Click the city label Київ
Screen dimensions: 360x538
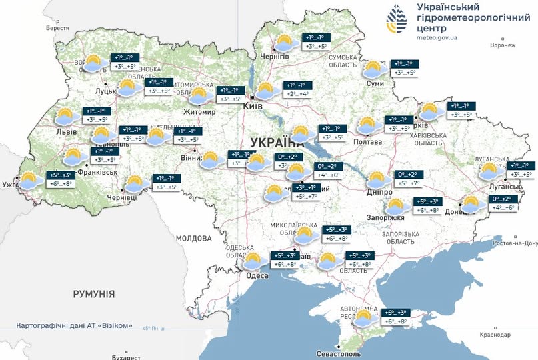click(x=253, y=106)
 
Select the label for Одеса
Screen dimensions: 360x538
click(x=257, y=276)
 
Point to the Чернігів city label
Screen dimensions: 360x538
click(x=274, y=57)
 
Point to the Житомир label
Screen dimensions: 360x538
click(x=199, y=112)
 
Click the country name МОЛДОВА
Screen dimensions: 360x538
click(x=194, y=238)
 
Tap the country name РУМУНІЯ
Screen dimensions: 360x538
click(x=94, y=293)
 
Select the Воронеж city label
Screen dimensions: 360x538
click(x=502, y=45)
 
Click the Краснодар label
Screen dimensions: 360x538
click(x=494, y=334)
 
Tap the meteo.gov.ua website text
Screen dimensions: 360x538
click(x=437, y=38)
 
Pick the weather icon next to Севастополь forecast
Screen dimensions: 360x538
click(x=365, y=318)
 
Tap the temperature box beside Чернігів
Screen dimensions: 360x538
click(x=317, y=42)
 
